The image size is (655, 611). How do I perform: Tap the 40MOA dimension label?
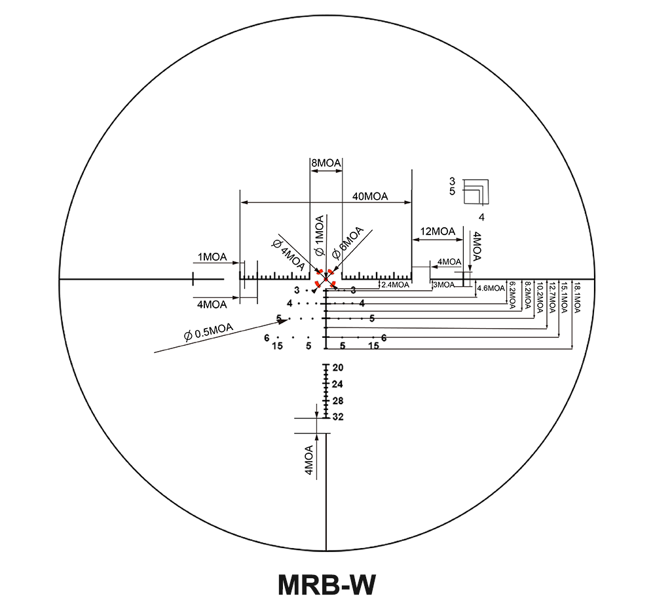click(x=370, y=196)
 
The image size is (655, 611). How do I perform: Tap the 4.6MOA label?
click(x=491, y=288)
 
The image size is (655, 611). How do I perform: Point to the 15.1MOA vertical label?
click(x=564, y=299)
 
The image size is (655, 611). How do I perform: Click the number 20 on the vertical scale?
click(x=338, y=367)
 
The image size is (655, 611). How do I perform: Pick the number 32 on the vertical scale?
click(x=338, y=417)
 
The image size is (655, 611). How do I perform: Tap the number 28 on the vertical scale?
click(x=338, y=401)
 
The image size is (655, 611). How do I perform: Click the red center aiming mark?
click(x=326, y=280)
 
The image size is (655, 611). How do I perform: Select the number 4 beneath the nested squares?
click(x=481, y=217)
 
